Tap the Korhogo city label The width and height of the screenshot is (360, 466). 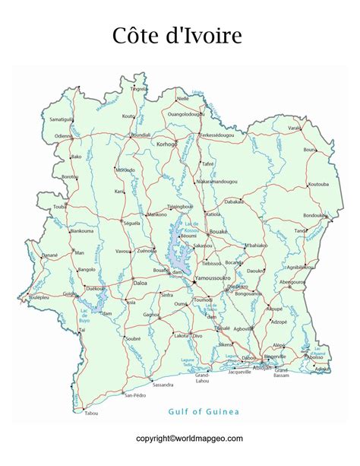pyautogui.click(x=166, y=144)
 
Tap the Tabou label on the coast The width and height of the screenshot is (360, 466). pyautogui.click(x=92, y=413)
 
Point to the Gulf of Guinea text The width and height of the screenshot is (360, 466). pyautogui.click(x=204, y=411)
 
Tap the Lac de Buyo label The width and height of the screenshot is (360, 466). pyautogui.click(x=84, y=311)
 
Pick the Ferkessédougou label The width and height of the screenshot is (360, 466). pyautogui.click(x=217, y=135)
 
